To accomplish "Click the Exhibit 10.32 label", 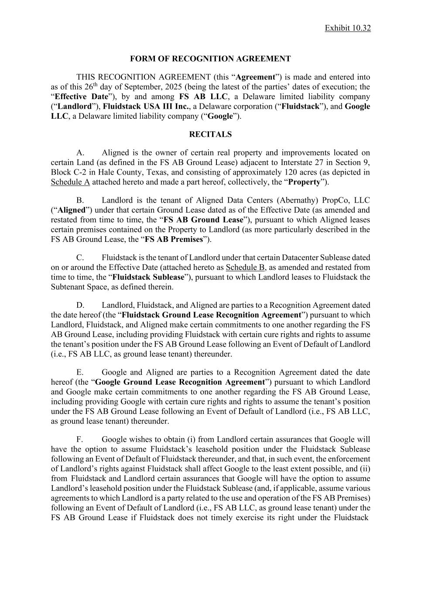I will (348, 28).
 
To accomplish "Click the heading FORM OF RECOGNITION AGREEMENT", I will (210, 59).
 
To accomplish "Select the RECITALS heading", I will (210, 134).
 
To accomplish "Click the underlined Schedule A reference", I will (70, 182).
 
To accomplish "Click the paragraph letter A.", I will (79, 153).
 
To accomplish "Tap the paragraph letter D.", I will (80, 305).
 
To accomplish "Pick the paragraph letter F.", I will (79, 440).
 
